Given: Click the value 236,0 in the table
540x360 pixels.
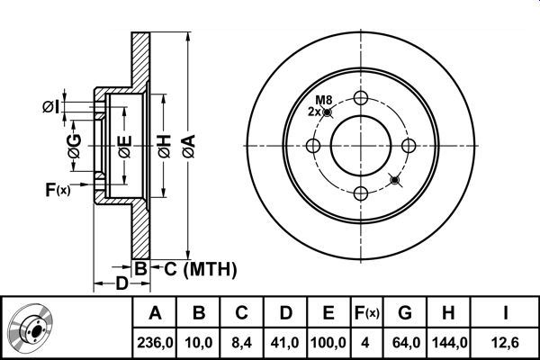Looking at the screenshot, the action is click(x=155, y=343).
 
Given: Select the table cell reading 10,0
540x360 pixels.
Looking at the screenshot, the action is click(x=199, y=343).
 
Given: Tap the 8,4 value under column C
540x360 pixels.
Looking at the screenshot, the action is click(x=241, y=343).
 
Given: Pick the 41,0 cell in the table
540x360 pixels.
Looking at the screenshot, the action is click(x=285, y=343).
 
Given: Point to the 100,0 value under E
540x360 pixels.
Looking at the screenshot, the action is click(x=328, y=343).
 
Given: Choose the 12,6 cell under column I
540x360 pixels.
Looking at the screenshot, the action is click(x=505, y=343).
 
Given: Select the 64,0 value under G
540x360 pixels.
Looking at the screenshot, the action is click(x=406, y=343).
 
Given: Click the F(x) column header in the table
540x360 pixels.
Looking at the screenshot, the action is click(x=367, y=313).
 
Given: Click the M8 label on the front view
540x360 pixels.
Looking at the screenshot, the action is click(x=324, y=100).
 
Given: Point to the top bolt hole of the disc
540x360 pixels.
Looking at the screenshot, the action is click(x=361, y=98).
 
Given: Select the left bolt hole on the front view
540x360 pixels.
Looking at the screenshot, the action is click(x=313, y=146).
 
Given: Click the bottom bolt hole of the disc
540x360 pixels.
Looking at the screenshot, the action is click(x=361, y=193).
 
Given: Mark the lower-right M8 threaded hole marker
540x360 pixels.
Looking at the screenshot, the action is click(x=395, y=180).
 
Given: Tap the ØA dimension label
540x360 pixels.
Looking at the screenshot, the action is click(x=189, y=146).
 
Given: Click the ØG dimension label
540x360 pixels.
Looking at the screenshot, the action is click(x=75, y=146).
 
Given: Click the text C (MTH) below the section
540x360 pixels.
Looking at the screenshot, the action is click(x=201, y=269).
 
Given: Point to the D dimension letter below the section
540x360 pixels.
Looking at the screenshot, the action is click(x=121, y=283).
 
